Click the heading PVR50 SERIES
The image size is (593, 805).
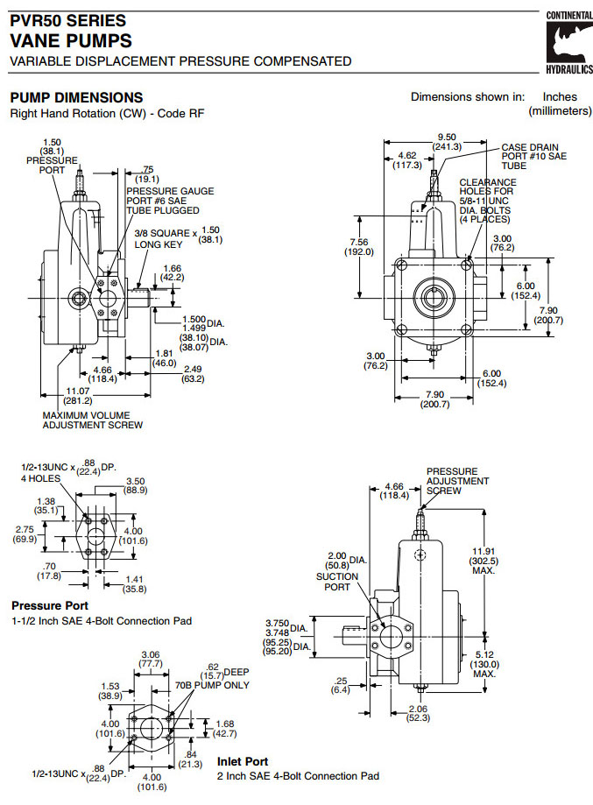pos(67,20)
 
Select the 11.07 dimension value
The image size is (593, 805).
pos(78,390)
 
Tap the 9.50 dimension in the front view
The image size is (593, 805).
pos(448,137)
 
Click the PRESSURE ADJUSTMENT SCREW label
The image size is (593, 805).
pos(456,481)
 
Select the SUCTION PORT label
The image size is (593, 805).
pos(337,582)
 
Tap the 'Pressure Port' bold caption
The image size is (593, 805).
pos(50,605)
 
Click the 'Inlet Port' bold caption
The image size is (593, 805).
pos(243,762)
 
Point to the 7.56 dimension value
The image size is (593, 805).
pos(358,242)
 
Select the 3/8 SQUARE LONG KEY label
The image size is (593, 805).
pos(162,238)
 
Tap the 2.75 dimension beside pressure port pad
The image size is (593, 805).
pos(24,529)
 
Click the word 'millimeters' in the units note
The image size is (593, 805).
pos(560,111)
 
